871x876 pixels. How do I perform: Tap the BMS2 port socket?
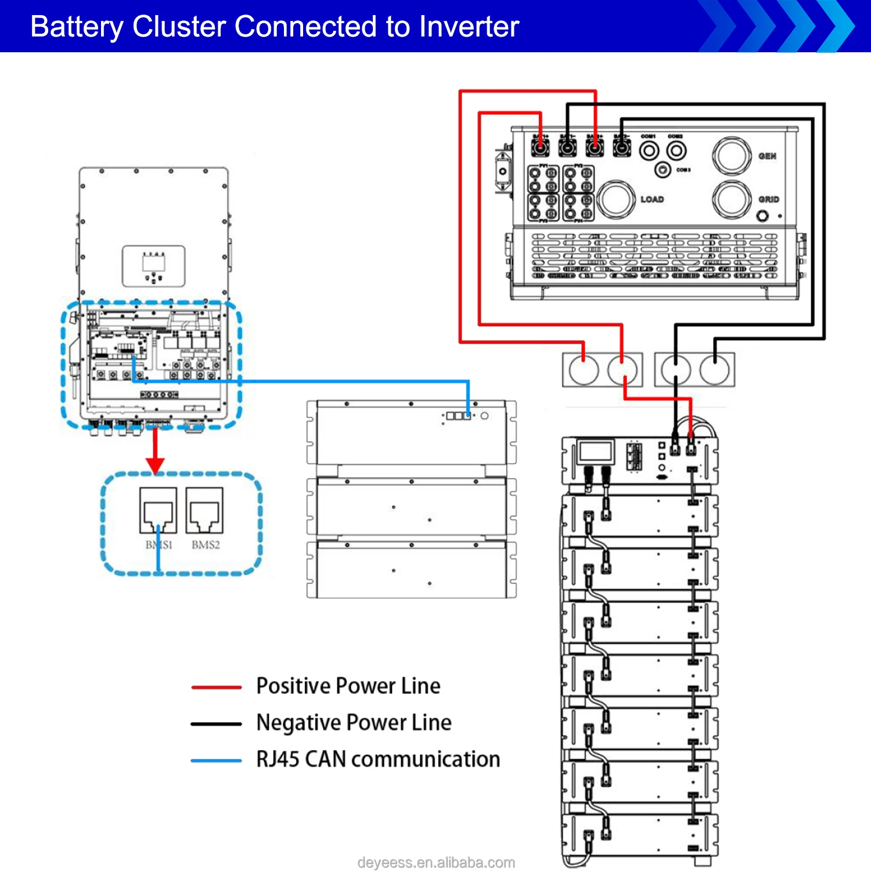pos(204,510)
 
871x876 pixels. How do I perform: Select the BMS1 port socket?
pos(158,510)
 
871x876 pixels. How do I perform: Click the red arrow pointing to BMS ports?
pos(155,453)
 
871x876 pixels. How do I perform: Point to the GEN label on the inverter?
pos(767,156)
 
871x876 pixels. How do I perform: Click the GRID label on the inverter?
pos(768,199)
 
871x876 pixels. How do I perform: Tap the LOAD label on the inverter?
pos(652,199)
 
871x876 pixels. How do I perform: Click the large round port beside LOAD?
pos(616,200)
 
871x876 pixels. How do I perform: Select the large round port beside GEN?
pos(732,156)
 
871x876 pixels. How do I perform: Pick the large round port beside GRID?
pos(732,199)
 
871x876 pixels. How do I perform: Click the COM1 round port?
pos(649,151)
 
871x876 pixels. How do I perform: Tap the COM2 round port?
pos(676,151)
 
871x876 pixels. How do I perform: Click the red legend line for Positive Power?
pos(216,687)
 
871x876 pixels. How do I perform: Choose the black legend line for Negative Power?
pos(216,724)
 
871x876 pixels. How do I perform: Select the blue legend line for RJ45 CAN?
pos(216,760)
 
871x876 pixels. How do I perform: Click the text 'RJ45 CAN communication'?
pos(378,759)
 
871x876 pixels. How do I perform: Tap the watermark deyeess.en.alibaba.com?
pos(436,863)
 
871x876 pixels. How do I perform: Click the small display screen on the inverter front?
pos(153,263)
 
